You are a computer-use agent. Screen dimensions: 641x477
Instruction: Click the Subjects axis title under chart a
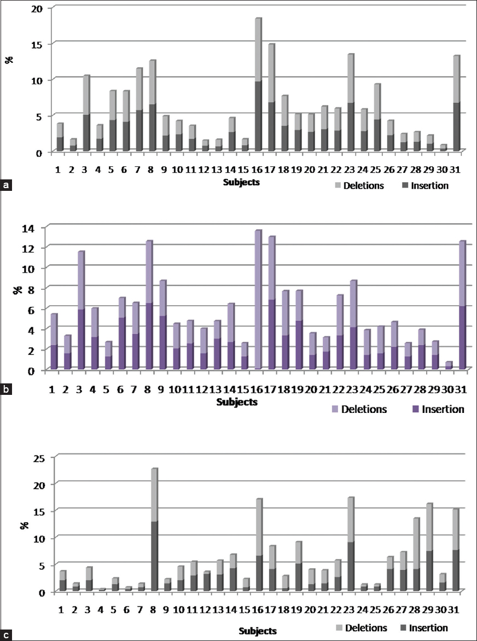(x=241, y=183)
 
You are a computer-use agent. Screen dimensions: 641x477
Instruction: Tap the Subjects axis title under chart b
(x=238, y=402)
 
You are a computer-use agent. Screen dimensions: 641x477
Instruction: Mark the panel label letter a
(x=6, y=186)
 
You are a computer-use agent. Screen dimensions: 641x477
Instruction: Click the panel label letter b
(x=6, y=390)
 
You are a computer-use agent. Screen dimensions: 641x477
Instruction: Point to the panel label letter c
(x=6, y=635)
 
